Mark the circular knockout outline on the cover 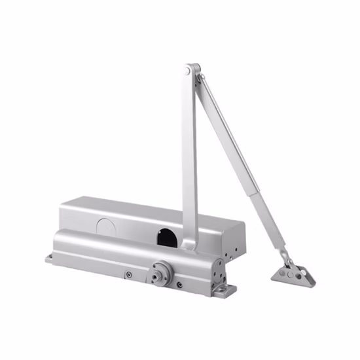click(x=105, y=223)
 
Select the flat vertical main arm click(x=189, y=157)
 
